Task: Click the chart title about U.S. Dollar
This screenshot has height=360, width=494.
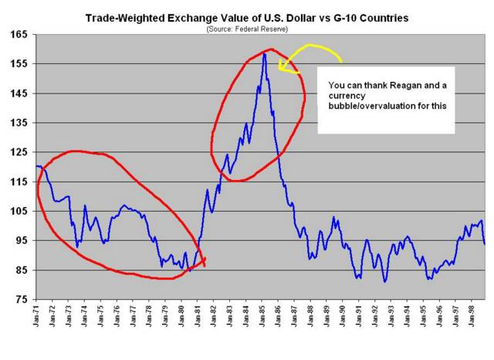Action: coord(247,16)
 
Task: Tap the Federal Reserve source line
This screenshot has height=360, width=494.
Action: coord(247,29)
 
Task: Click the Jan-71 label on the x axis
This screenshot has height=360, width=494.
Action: coord(36,316)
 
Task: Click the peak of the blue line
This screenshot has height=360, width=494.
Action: coord(264,53)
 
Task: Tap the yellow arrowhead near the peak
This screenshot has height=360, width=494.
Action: coord(283,69)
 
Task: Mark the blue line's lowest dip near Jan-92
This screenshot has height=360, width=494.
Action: coord(384,281)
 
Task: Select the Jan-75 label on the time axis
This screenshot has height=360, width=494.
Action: coord(101,316)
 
